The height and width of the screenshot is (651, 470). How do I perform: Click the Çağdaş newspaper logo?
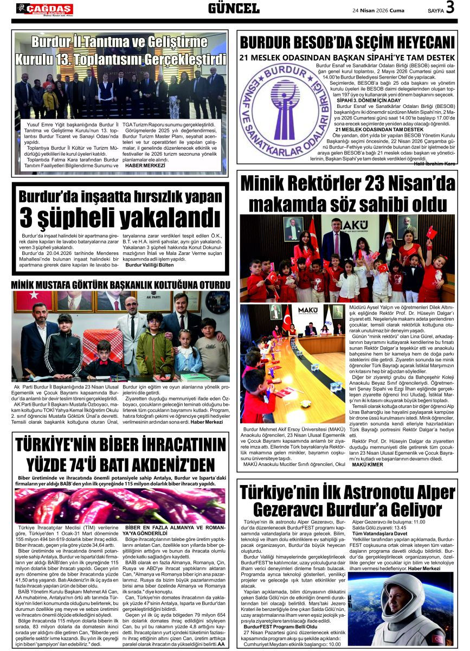click(x=44, y=8)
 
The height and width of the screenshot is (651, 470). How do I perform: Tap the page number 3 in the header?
click(x=449, y=8)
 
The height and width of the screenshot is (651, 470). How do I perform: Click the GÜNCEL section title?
click(x=234, y=8)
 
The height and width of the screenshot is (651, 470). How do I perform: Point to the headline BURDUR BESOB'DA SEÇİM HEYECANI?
click(x=347, y=43)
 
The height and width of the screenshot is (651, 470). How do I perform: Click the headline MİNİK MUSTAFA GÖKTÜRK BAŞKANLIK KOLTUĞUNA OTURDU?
click(x=120, y=285)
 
